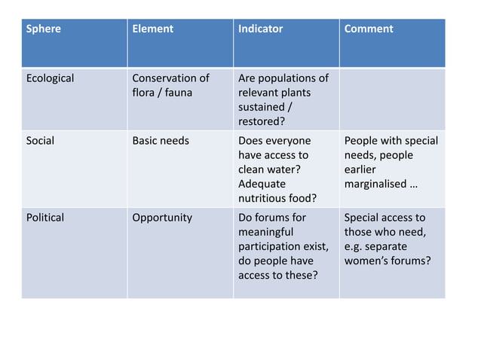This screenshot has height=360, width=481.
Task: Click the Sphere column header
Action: coord(44,29)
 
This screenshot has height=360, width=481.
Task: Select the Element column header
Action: coord(152,29)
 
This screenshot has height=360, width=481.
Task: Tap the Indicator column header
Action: coord(260,29)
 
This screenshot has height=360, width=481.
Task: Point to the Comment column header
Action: coord(369,29)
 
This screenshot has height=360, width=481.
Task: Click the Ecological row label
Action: coord(50,78)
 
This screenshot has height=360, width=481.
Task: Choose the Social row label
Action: coord(40,141)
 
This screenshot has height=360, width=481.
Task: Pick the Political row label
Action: coord(45,218)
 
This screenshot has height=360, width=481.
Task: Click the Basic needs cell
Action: coord(161,141)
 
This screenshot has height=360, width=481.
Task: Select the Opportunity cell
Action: coord(162,218)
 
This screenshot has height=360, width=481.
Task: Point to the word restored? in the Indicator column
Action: coord(261,121)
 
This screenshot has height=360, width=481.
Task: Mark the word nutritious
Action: coord(263,198)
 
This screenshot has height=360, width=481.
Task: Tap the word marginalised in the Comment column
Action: coord(376,184)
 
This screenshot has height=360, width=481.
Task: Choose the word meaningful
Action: coord(265,232)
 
